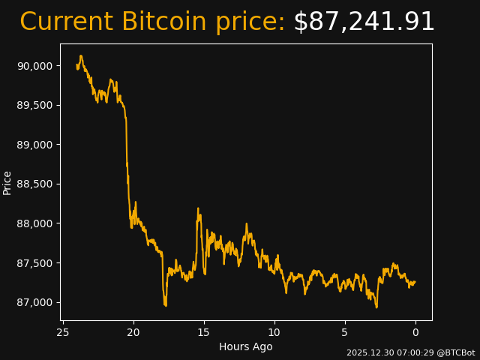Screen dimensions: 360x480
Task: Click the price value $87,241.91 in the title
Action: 364,22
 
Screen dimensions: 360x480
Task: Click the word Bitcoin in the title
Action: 164,22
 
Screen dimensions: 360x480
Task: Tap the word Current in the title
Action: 67,22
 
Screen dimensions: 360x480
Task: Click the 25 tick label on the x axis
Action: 63,332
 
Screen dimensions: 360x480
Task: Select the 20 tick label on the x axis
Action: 133,332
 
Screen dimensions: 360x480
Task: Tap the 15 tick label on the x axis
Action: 204,332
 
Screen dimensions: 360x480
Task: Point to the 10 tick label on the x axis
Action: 274,332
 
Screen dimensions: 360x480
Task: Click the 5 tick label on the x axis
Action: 345,332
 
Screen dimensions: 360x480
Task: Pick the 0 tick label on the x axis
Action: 415,332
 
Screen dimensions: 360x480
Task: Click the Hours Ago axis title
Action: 246,346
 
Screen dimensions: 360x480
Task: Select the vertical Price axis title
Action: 7,182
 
